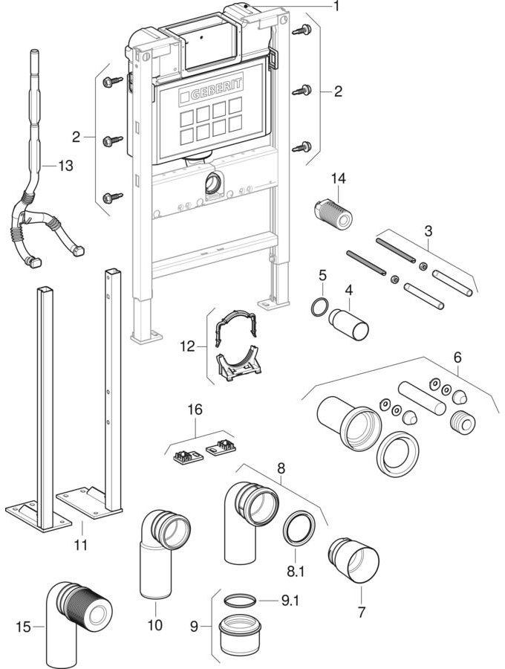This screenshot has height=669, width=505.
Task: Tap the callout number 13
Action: click(65, 167)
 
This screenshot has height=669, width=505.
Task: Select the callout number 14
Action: click(339, 178)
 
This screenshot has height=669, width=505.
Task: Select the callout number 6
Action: click(457, 357)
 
